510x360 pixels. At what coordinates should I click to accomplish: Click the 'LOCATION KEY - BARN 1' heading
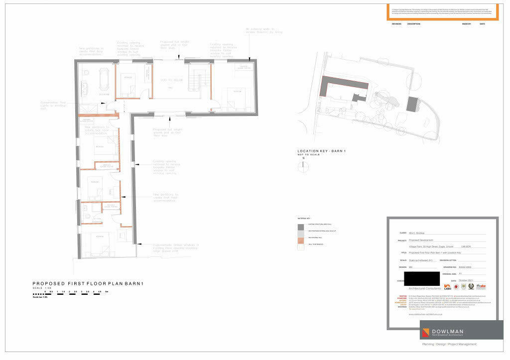point(321,151)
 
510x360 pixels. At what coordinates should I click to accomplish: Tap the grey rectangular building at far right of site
point(413,104)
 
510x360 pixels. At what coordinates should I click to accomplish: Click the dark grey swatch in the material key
point(300,227)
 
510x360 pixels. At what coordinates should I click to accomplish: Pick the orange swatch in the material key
point(300,240)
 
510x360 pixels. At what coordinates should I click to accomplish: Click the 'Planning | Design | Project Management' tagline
point(449,344)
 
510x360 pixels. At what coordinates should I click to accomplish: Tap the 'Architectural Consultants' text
point(424,289)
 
